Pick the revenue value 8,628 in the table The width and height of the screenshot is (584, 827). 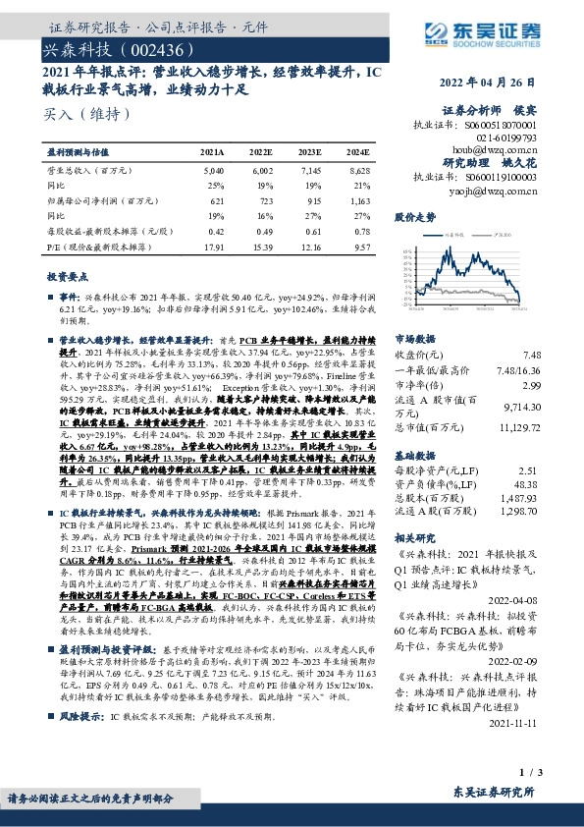(358, 170)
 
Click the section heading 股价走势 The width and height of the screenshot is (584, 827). (414, 216)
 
